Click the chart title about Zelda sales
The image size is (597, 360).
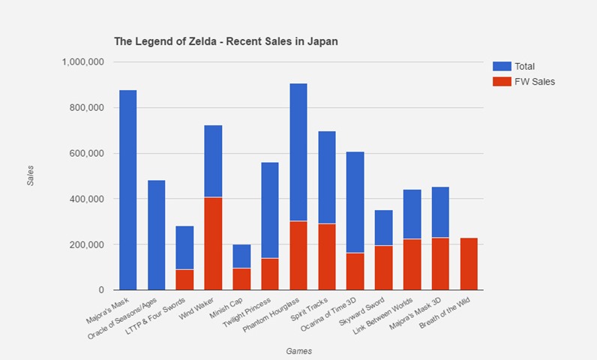[226, 41]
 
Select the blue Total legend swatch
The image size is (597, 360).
[500, 66]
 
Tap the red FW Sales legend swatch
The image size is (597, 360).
[500, 81]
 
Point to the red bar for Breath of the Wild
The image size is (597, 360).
[468, 263]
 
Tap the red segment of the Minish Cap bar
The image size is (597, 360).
[241, 278]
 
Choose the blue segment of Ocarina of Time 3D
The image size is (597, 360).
[355, 202]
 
